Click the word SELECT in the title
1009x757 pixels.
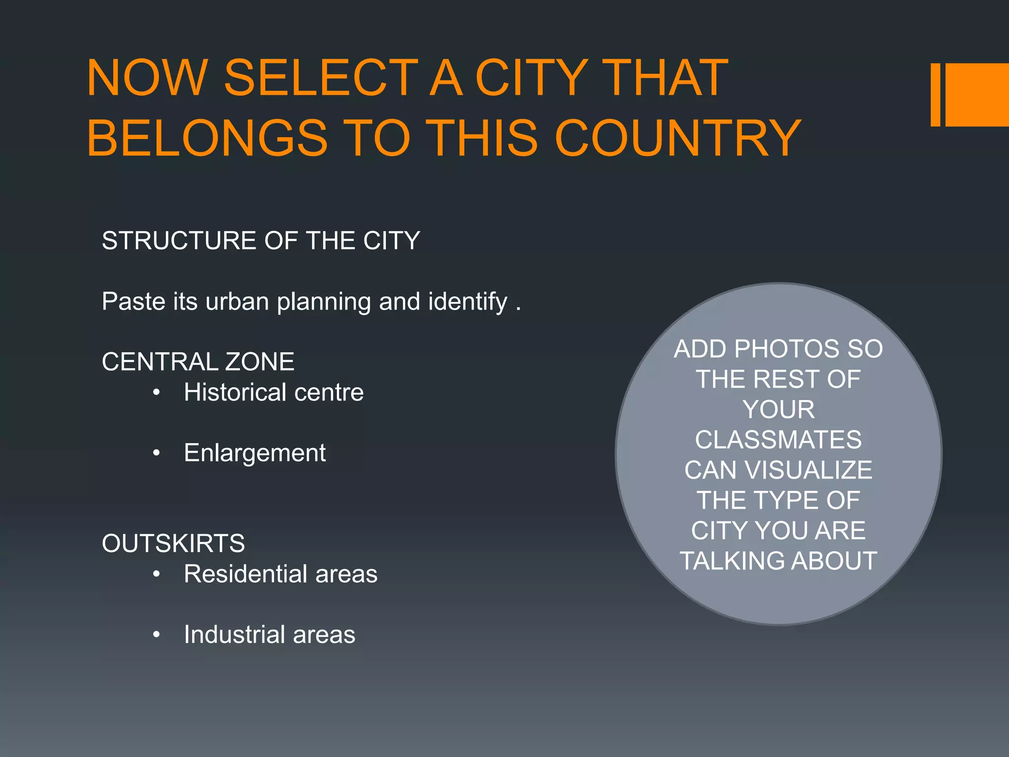(321, 78)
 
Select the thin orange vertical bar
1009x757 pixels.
(935, 95)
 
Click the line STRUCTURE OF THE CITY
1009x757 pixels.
(261, 241)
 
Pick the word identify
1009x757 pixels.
(468, 302)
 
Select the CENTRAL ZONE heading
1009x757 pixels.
(198, 362)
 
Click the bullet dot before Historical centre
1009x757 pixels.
(157, 393)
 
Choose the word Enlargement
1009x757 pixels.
(255, 453)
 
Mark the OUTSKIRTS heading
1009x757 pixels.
(173, 544)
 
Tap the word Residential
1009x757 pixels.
(245, 574)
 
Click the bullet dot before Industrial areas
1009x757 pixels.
(157, 635)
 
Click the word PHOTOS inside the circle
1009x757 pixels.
(786, 349)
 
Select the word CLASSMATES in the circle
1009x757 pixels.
(778, 440)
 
